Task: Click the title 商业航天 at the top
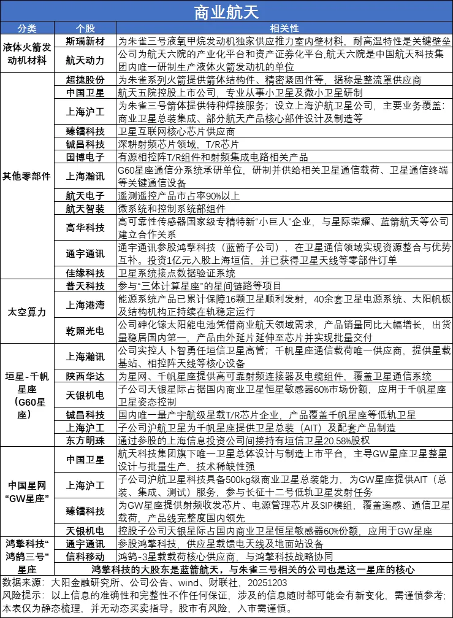[x=226, y=11]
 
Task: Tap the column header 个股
[x=85, y=28]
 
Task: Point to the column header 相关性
[x=284, y=28]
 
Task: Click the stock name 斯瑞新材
[x=85, y=41]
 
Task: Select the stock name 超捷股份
[x=85, y=80]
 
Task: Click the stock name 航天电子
[x=85, y=196]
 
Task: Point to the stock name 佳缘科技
[x=85, y=273]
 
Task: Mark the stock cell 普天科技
[x=85, y=285]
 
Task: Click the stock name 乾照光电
[x=85, y=330]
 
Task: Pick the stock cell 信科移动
[x=85, y=557]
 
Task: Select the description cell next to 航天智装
[x=284, y=209]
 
